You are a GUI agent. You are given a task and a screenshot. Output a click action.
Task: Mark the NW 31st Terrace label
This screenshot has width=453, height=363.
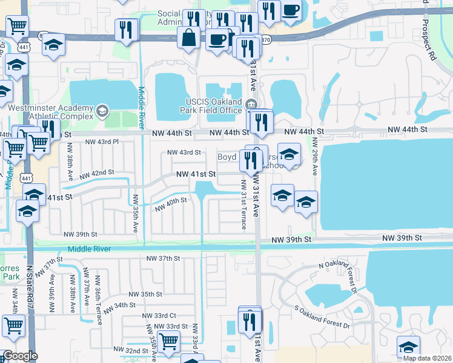[x=243, y=204]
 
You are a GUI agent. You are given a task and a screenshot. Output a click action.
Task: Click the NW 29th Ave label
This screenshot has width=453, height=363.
[x=316, y=157]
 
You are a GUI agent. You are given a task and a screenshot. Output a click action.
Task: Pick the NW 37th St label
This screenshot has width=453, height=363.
[x=164, y=258]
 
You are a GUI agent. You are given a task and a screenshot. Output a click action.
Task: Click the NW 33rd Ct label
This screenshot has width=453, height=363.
[x=159, y=316]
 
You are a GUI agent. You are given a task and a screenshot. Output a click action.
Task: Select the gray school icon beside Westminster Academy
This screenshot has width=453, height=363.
[x=102, y=111]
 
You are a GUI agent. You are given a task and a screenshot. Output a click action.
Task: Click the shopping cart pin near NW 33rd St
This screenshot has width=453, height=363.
[x=168, y=341]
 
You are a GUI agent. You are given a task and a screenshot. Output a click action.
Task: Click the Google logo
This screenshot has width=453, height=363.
[x=20, y=356]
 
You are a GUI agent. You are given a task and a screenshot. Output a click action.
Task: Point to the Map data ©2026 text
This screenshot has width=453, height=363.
[x=426, y=358]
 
